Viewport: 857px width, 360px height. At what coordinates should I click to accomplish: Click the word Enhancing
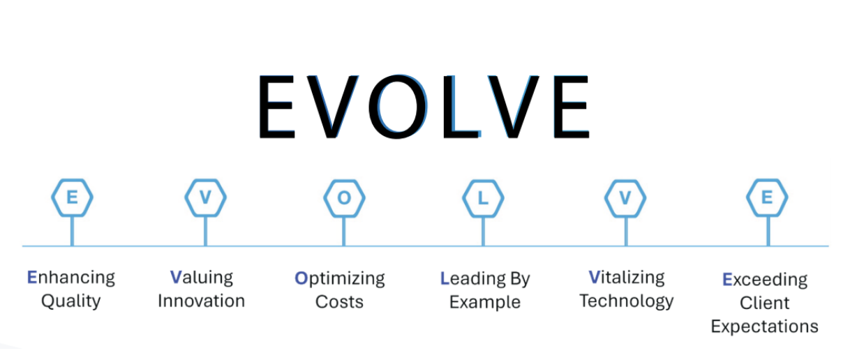pyautogui.click(x=70, y=278)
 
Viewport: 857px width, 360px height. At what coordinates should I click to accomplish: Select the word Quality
pyautogui.click(x=70, y=301)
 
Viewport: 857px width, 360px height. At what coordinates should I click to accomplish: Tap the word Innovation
pyautogui.click(x=201, y=301)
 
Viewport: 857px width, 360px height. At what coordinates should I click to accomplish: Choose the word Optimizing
pyautogui.click(x=340, y=279)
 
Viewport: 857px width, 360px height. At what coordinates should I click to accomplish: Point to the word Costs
pyautogui.click(x=339, y=302)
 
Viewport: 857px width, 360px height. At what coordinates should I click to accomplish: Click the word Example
pyautogui.click(x=485, y=303)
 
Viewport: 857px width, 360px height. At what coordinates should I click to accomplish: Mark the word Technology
pyautogui.click(x=627, y=301)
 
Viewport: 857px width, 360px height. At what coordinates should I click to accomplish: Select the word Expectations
pyautogui.click(x=765, y=327)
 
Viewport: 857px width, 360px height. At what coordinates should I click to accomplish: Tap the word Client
pyautogui.click(x=764, y=303)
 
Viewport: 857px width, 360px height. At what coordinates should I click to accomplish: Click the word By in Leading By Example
pyautogui.click(x=519, y=279)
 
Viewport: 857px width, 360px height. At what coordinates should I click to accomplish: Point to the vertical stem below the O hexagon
pyautogui.click(x=344, y=232)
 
